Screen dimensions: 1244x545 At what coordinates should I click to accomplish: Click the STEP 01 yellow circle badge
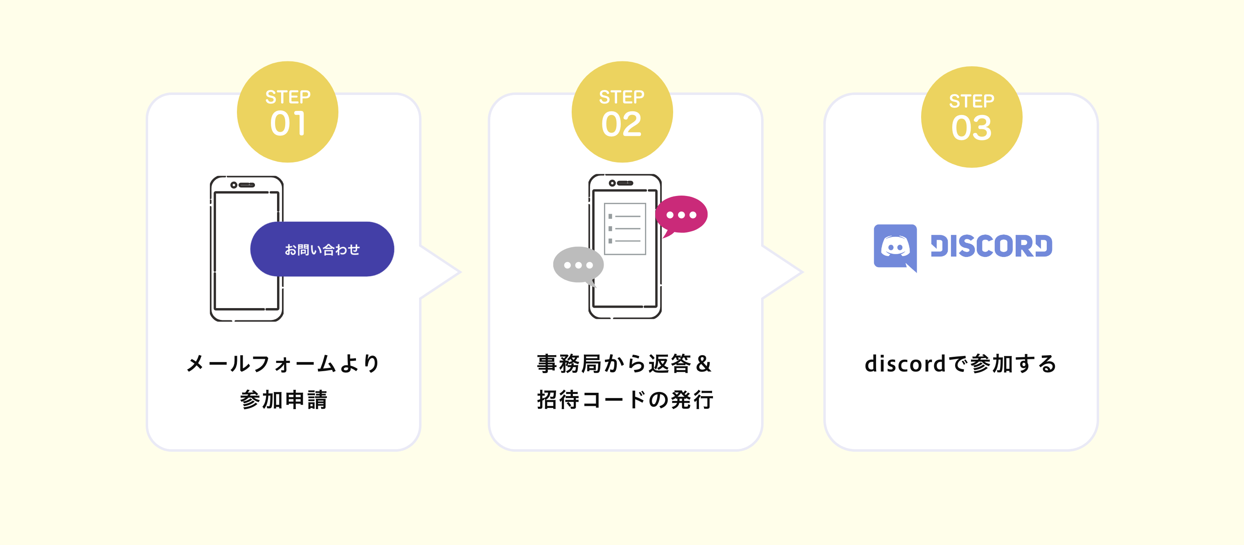tap(287, 112)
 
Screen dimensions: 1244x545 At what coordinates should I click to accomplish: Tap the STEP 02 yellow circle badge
tap(622, 112)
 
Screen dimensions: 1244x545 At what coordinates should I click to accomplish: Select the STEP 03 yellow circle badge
tap(971, 117)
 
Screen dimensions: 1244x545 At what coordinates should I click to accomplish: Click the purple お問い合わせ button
tap(322, 249)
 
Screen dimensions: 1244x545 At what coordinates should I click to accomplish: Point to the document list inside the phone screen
tap(625, 228)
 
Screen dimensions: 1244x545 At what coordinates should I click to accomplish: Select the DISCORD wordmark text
tap(992, 246)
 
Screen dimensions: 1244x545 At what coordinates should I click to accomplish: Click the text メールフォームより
tap(284, 363)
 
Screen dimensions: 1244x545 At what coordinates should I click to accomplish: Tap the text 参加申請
tap(284, 400)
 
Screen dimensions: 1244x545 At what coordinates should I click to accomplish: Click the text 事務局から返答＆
tap(624, 363)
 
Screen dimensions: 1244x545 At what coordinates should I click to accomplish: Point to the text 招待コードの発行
tap(625, 400)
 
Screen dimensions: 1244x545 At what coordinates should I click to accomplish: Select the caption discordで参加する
tap(960, 363)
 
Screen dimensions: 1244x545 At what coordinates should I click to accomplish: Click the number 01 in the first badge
tap(288, 124)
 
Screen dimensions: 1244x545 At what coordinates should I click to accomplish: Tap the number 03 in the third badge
tap(971, 128)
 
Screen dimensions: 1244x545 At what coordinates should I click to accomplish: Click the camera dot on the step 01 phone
tap(234, 185)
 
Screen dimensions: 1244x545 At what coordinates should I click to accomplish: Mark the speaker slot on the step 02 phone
tap(625, 183)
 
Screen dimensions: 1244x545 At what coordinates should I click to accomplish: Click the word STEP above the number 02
tap(622, 97)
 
